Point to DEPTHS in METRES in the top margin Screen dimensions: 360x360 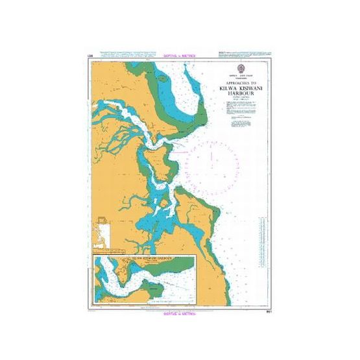(180, 56)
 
